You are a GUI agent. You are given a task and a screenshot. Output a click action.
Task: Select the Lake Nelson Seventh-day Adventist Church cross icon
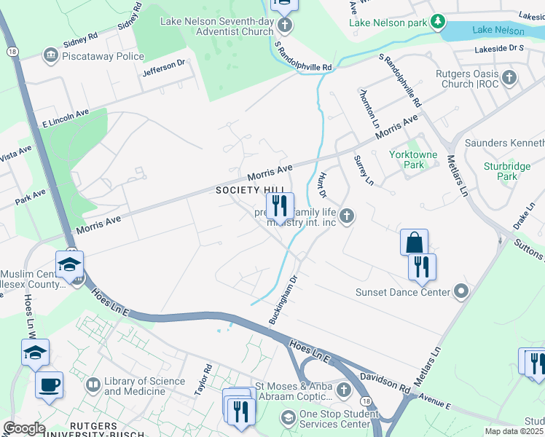285,25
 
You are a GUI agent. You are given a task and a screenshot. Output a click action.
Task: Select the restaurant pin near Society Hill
280,206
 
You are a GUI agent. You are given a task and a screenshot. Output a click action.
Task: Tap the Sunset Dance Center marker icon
460,292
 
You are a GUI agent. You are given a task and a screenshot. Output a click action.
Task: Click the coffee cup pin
50,385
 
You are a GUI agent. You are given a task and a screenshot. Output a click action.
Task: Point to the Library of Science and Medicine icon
93,384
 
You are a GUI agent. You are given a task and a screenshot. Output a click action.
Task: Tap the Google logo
24,428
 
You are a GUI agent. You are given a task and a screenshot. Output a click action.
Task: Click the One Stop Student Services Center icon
288,418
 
